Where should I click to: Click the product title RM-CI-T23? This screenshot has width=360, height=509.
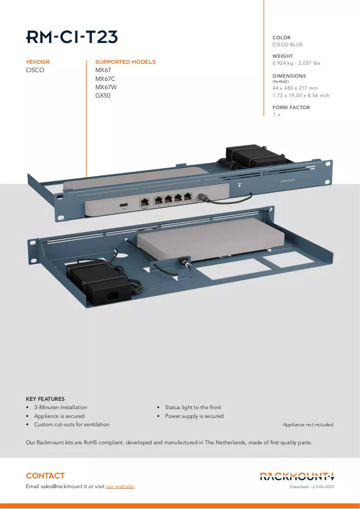pos(72,37)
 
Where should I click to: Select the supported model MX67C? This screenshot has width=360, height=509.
pos(106,79)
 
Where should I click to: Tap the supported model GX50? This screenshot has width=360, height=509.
pos(103,95)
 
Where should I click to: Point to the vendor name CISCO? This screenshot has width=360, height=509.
pos(35,70)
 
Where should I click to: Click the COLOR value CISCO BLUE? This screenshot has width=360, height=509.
pos(287,44)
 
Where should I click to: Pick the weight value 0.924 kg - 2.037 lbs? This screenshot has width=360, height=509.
pos(296,63)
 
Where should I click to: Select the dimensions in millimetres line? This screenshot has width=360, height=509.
pos(295,88)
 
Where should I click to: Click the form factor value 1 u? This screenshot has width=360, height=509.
pos(277,114)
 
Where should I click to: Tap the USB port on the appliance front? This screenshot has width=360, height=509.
pos(124,205)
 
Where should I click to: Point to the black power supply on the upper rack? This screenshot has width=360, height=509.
pos(256,157)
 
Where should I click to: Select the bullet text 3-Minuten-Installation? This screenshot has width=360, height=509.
pos(61,407)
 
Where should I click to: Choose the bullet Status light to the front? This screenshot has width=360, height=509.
pos(193,407)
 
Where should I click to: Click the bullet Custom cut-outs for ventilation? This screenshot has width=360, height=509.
pos(72,424)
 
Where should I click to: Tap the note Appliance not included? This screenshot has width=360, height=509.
pos(308,424)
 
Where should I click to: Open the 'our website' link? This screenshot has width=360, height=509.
pos(120,486)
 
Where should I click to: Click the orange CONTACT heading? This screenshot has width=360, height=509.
pos(45,476)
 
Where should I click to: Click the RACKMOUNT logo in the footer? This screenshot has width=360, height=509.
pos(297,476)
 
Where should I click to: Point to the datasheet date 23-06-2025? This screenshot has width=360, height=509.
pos(323,487)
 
